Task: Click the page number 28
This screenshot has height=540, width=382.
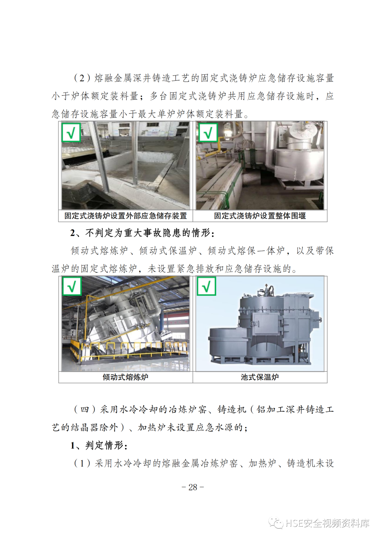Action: [193, 487]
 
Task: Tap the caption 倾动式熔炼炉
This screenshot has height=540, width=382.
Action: [126, 377]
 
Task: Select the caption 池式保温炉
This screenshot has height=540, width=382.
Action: [260, 377]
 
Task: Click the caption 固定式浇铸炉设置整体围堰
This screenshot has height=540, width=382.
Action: [260, 216]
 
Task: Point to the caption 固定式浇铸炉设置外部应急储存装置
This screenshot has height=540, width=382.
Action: [126, 216]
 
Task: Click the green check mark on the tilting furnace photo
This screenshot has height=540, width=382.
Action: [71, 286]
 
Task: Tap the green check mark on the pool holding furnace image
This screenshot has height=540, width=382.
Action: [207, 286]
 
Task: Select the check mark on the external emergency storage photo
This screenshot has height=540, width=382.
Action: [71, 133]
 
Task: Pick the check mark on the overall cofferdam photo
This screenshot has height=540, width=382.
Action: [208, 133]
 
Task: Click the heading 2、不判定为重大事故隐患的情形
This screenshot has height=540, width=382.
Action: [142, 233]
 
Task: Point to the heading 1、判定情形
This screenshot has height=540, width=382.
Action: [99, 446]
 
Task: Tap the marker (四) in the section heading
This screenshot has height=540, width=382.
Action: [85, 410]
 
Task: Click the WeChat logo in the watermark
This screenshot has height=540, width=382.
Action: [276, 523]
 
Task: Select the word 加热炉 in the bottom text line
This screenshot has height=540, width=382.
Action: [262, 463]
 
